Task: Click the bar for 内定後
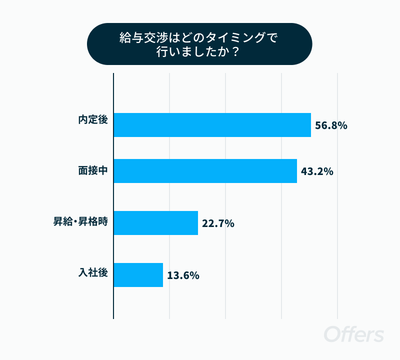tap(212, 125)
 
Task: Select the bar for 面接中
tap(205, 171)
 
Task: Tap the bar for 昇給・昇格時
tap(155, 223)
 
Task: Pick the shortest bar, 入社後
tap(138, 275)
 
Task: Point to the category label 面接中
tap(93, 171)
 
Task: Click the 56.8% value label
tap(331, 125)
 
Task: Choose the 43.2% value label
tap(317, 171)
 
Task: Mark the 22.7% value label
tap(218, 223)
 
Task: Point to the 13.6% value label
tap(183, 275)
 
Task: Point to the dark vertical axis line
tap(113, 200)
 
